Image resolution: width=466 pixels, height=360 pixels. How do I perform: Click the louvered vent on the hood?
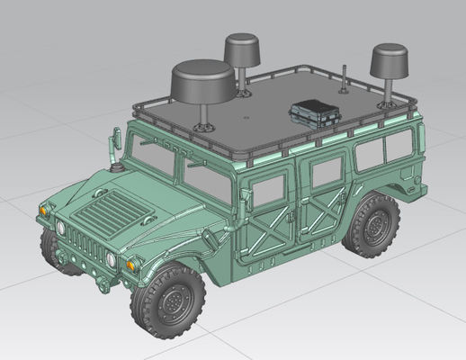click(x=113, y=214)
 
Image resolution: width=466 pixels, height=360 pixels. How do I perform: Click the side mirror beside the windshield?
click(x=116, y=139)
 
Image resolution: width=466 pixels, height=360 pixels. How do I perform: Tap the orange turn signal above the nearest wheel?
click(x=133, y=265)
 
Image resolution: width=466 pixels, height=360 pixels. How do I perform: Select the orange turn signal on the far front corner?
click(x=42, y=209)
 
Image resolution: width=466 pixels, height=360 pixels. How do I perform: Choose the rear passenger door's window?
click(x=327, y=170)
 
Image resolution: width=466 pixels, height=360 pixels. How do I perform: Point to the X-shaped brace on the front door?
click(x=270, y=236)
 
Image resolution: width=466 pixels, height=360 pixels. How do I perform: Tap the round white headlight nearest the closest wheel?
click(x=111, y=259)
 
